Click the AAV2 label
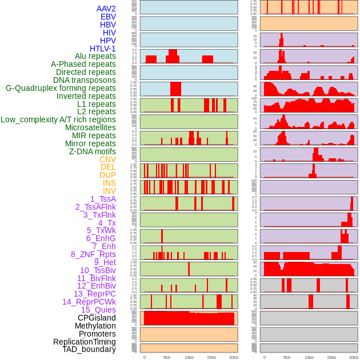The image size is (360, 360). pos(106,9)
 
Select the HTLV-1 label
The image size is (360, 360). pos(103,49)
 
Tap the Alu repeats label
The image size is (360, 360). pos(95,57)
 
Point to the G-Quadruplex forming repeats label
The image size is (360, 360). pos(61,89)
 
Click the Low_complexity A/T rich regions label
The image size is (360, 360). pos(58,119)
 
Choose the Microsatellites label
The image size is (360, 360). pos(90,127)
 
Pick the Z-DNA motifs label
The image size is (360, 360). pos(93,151)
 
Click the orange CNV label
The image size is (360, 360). pos(107,159)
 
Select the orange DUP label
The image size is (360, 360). pos(107,175)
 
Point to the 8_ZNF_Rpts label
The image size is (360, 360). pos(93,254)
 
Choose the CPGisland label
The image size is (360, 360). pos(97,318)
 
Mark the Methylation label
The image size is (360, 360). pos(95,326)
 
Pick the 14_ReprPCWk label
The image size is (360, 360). pos(89,302)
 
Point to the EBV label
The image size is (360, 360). pos(108,17)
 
